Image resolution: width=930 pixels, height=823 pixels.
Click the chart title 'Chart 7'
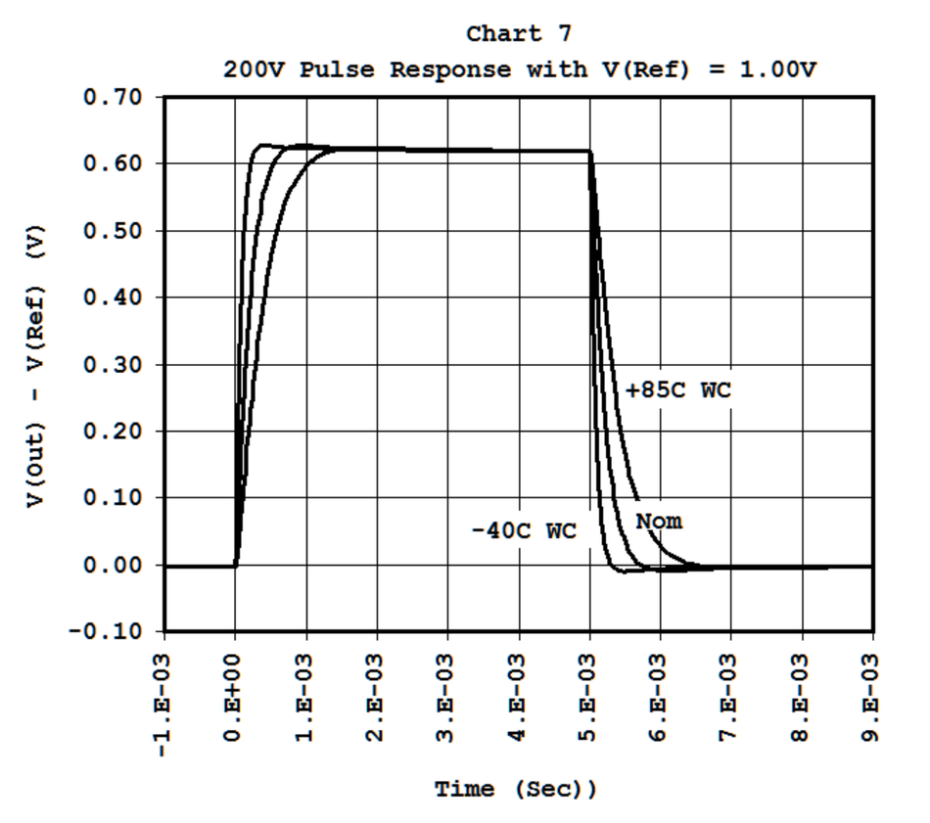(x=519, y=34)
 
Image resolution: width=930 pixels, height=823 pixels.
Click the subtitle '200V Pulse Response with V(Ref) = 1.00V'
(x=520, y=69)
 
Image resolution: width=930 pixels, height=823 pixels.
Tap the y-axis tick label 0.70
(x=113, y=97)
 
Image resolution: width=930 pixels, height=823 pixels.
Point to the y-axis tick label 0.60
(x=113, y=163)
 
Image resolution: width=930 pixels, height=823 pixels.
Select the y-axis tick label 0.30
(x=113, y=364)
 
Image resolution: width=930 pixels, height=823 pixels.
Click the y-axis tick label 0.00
(x=113, y=565)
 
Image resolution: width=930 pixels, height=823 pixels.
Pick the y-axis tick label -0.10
(x=106, y=631)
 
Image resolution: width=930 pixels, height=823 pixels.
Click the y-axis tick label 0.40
(x=113, y=297)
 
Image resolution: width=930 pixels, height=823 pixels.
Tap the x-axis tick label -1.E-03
(x=163, y=706)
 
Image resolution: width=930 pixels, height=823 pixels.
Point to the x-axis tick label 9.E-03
(x=871, y=698)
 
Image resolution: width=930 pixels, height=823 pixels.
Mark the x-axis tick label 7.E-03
(x=729, y=698)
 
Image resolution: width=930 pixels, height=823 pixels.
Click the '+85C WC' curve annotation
(x=678, y=390)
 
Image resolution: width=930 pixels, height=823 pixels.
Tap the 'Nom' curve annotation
(x=659, y=522)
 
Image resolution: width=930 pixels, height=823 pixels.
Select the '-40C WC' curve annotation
(x=525, y=530)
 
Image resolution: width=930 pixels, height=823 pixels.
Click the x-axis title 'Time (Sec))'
(x=516, y=790)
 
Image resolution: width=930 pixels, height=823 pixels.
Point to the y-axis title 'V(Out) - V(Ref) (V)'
(x=35, y=366)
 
